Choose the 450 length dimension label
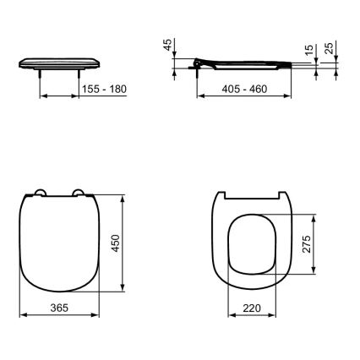[128, 244]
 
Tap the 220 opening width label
[251, 308]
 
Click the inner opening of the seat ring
[251, 244]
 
